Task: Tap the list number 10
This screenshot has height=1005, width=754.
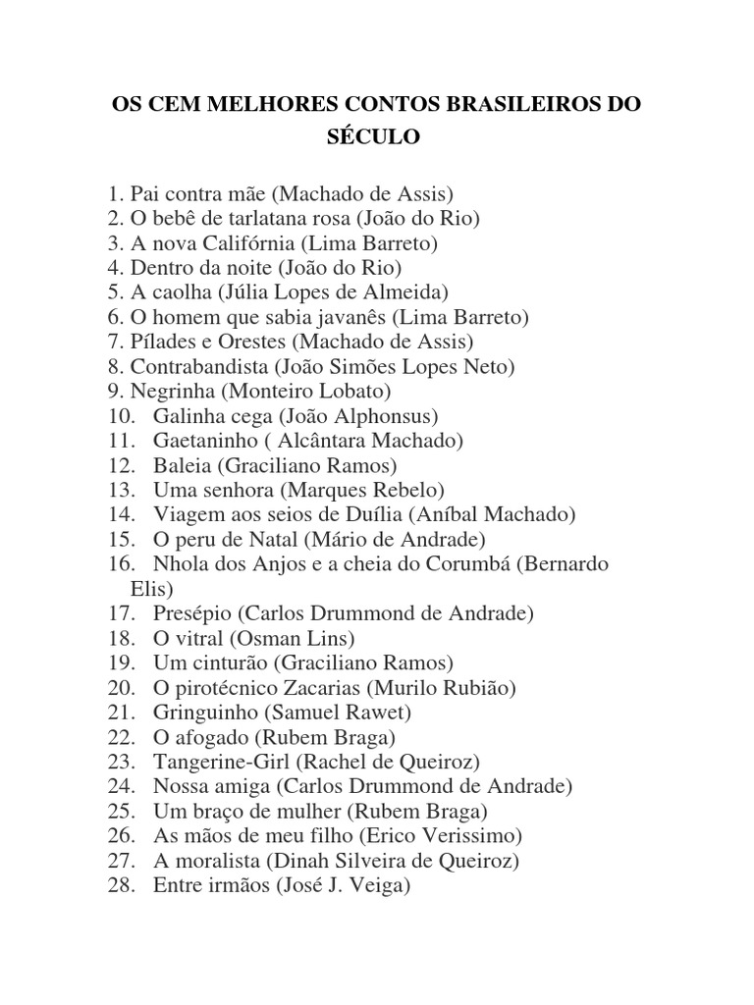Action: [119, 415]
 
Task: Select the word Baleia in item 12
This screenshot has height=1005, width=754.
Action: [177, 465]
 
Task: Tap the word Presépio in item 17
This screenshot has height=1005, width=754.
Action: [191, 613]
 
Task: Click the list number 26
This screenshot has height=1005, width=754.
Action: [119, 835]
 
